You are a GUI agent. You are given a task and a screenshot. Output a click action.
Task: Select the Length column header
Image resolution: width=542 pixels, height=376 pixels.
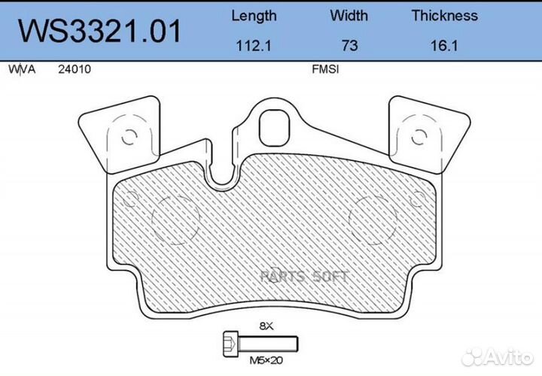click(254, 15)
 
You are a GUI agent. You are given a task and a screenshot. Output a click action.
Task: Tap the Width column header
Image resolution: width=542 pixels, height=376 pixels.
click(349, 15)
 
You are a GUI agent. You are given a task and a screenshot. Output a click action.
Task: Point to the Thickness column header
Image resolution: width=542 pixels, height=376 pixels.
click(444, 15)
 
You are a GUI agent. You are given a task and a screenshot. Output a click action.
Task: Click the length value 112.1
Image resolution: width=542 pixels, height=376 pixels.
click(254, 45)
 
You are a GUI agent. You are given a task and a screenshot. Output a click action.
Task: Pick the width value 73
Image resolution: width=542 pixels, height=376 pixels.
click(349, 45)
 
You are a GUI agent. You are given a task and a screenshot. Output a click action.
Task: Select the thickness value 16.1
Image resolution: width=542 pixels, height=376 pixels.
click(444, 45)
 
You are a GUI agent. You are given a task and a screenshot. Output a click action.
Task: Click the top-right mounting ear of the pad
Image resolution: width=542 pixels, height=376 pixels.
click(425, 132)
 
